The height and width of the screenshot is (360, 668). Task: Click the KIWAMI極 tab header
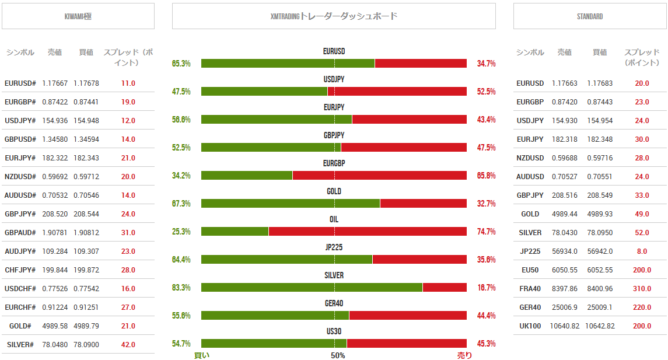click(78, 16)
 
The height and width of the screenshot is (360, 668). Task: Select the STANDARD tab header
click(589, 16)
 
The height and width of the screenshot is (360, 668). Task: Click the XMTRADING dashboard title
click(334, 16)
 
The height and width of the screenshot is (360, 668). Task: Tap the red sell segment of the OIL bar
click(368, 232)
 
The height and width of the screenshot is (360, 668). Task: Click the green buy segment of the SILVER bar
click(312, 288)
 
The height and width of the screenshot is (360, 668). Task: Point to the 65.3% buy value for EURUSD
click(181, 64)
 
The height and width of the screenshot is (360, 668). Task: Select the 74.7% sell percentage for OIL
click(486, 232)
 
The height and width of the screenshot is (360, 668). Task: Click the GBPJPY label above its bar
click(334, 135)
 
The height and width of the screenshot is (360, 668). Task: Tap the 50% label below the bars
click(338, 355)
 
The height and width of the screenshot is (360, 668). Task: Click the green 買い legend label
click(201, 355)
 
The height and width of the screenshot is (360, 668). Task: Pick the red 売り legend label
click(464, 355)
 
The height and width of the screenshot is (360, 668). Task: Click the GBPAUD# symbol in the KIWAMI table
click(20, 233)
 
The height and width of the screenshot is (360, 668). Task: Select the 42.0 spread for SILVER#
click(128, 345)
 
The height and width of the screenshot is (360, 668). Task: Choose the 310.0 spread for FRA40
click(642, 289)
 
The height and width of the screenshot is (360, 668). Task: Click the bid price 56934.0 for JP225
click(564, 251)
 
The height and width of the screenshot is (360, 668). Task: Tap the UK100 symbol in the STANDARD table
click(530, 326)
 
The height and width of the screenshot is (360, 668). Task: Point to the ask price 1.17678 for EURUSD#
click(86, 83)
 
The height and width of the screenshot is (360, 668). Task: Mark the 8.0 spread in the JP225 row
click(642, 251)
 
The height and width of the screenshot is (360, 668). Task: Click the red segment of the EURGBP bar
click(379, 176)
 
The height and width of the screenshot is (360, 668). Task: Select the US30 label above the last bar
click(334, 331)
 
